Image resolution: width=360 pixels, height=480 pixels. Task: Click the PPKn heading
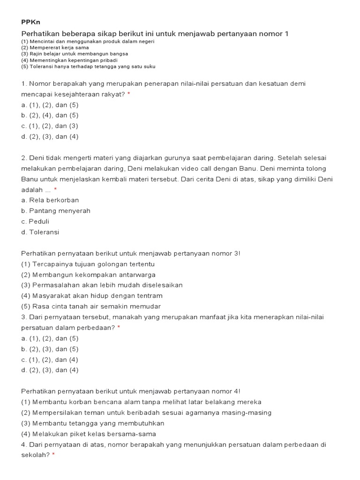click(x=31, y=22)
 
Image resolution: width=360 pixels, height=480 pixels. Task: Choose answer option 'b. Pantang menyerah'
click(x=56, y=211)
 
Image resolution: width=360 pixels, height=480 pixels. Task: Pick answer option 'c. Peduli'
click(x=35, y=221)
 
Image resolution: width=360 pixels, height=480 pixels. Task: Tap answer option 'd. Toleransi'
click(x=40, y=232)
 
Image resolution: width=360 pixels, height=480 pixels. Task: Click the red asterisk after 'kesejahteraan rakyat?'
click(x=129, y=94)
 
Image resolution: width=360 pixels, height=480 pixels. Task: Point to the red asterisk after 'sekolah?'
click(x=53, y=455)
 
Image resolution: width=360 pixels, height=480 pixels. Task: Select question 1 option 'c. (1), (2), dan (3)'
click(x=50, y=126)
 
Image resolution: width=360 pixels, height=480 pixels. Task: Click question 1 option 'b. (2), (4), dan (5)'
click(x=50, y=115)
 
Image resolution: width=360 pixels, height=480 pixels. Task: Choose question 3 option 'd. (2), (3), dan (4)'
click(x=50, y=370)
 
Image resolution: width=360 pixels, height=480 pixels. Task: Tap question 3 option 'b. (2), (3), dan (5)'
click(x=50, y=349)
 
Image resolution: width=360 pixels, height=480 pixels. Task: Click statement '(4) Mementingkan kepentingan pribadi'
click(x=69, y=60)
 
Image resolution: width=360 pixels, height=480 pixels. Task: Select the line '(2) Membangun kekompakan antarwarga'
click(x=89, y=275)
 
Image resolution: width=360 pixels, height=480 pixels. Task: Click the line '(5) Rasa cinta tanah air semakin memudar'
click(x=91, y=307)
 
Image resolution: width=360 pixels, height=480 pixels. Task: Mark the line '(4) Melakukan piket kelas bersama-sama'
click(x=89, y=434)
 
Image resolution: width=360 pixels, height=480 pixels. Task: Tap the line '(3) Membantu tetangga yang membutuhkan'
click(x=93, y=423)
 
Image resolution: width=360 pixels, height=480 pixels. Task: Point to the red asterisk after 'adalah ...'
click(x=55, y=189)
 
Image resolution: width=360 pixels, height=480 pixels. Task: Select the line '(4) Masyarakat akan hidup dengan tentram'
click(x=92, y=296)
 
